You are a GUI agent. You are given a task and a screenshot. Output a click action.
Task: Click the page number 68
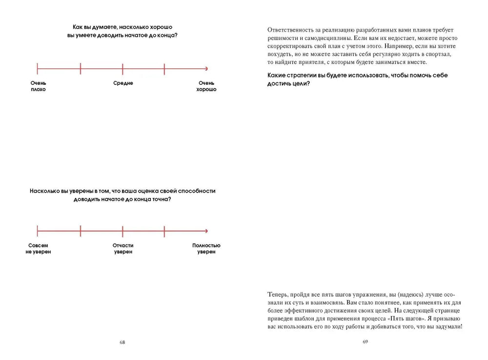point(122,342)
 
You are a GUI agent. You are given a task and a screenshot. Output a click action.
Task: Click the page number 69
point(365,342)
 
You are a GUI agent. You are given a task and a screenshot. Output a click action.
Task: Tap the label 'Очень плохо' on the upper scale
point(38,86)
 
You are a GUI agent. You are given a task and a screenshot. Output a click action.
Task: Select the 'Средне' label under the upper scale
point(123,83)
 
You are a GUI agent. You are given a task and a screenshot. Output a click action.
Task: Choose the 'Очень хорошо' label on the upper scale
point(206,86)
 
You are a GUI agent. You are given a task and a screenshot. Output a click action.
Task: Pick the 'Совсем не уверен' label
point(38,249)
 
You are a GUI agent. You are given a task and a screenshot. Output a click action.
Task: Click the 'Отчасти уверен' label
point(123,249)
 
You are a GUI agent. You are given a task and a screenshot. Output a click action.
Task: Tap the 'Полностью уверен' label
point(206,249)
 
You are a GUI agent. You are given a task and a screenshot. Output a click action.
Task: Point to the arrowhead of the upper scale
point(206,69)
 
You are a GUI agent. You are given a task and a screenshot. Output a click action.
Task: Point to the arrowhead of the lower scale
point(206,231)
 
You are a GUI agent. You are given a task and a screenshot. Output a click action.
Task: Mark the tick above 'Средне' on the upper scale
point(122,69)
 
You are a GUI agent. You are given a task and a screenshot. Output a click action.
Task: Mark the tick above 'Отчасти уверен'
point(122,231)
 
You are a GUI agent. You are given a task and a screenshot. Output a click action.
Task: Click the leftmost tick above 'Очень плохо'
point(38,69)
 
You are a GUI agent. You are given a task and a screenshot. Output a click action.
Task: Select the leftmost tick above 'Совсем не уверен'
point(38,231)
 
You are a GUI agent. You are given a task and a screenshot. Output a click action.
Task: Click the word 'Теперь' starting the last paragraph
point(278,295)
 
